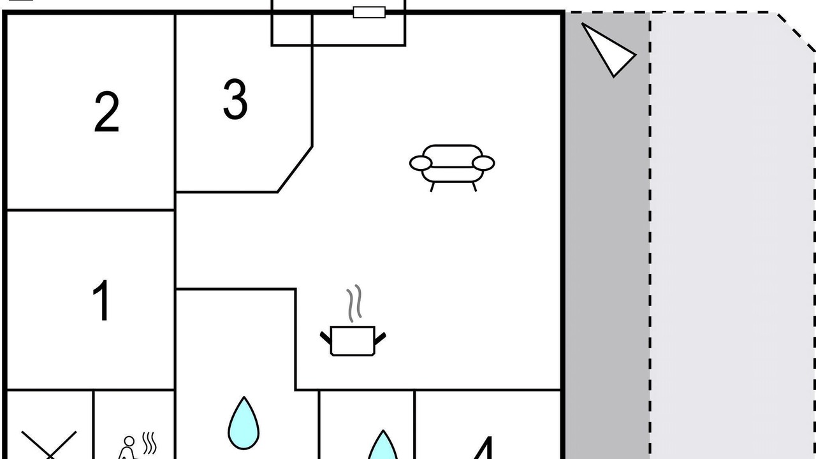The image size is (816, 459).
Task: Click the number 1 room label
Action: point(102,300)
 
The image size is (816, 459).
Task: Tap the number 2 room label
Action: point(106,112)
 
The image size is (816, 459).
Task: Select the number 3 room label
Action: point(235,99)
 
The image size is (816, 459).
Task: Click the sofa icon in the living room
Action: point(451,166)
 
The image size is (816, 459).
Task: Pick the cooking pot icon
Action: point(353,340)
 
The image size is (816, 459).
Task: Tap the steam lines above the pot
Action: point(354,303)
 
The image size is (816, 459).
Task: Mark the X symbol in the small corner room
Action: point(48,445)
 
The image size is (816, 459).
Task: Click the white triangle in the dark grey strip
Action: point(609,49)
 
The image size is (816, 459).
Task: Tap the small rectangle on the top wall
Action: point(369,11)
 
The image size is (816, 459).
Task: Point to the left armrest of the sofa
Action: point(420,163)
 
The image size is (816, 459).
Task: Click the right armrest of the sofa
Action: point(483,163)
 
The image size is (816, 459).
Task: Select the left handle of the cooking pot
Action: point(326,336)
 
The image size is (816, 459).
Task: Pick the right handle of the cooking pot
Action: point(380,337)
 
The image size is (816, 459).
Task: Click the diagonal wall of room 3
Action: point(295,169)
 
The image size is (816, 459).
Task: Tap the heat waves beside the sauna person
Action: point(149,443)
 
